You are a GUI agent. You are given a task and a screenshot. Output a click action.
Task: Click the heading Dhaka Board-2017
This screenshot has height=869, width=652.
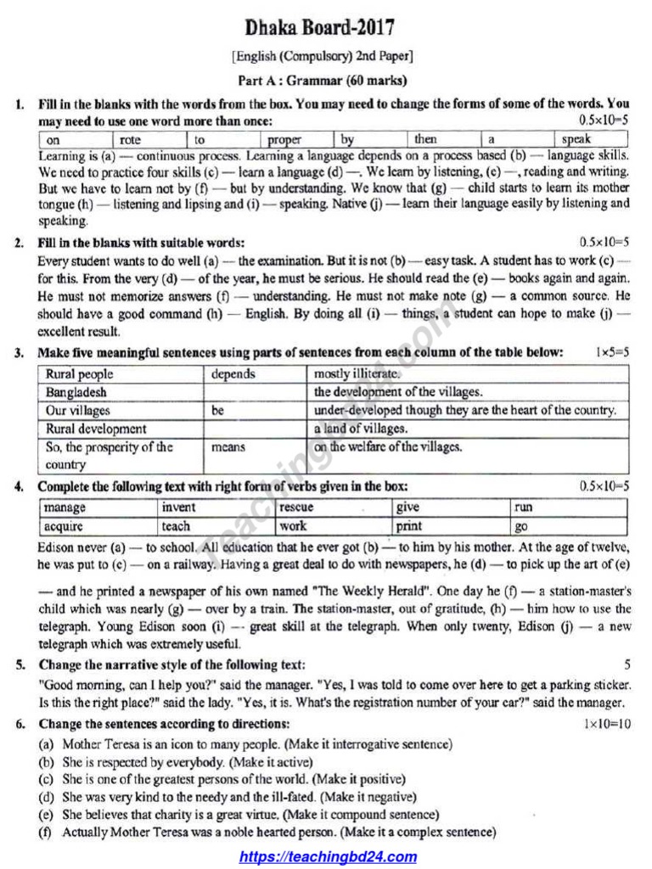pyautogui.click(x=320, y=29)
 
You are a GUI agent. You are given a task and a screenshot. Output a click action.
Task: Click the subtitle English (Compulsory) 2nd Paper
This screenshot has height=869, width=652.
pyautogui.click(x=322, y=57)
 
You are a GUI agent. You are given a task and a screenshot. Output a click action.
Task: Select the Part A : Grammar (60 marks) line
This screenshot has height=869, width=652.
pyautogui.click(x=322, y=81)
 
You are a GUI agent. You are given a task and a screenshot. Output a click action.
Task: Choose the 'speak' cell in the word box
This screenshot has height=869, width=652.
pyautogui.click(x=576, y=139)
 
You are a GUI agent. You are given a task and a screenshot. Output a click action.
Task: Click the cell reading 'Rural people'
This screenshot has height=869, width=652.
pyautogui.click(x=80, y=374)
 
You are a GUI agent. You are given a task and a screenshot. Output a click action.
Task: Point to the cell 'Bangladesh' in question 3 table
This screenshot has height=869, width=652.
pyautogui.click(x=76, y=392)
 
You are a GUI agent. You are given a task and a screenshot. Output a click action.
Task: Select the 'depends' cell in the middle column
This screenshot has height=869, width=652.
pyautogui.click(x=233, y=374)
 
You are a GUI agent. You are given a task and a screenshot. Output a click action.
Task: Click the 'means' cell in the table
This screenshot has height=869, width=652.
pyautogui.click(x=228, y=447)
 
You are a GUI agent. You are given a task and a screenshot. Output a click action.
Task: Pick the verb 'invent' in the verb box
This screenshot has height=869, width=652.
pyautogui.click(x=178, y=507)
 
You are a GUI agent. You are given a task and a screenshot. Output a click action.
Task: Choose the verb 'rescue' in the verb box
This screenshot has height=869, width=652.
pyautogui.click(x=296, y=507)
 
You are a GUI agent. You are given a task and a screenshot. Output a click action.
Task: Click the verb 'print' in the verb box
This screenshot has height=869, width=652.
pyautogui.click(x=409, y=526)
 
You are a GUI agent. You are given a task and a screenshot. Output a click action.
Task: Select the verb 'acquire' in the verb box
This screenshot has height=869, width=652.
pyautogui.click(x=65, y=526)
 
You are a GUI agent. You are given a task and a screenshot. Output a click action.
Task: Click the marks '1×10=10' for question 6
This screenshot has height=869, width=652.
pyautogui.click(x=607, y=724)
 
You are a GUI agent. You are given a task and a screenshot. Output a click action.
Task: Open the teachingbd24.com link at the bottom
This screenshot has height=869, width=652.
pyautogui.click(x=328, y=856)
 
